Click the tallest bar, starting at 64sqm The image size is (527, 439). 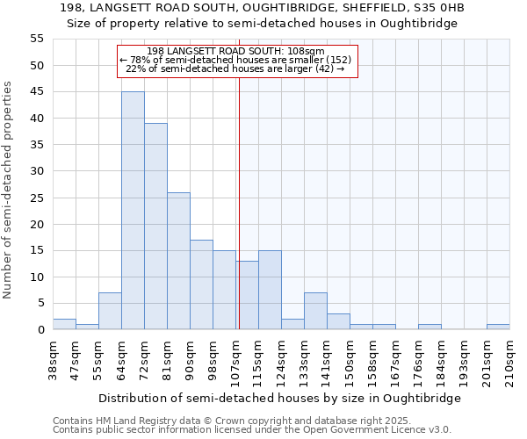(133, 211)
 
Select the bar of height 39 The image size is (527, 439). (155, 227)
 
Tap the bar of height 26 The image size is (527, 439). (178, 261)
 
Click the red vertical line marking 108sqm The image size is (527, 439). (238, 202)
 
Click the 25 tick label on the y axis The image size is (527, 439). (36, 198)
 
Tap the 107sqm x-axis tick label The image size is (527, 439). (235, 360)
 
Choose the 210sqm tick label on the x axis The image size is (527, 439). (509, 360)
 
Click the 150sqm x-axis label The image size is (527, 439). (350, 360)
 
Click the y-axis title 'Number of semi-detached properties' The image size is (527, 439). (9, 190)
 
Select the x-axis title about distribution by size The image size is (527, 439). (279, 398)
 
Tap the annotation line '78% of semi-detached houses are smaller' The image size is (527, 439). (235, 60)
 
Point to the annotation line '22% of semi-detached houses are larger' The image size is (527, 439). (235, 68)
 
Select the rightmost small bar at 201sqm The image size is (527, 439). (498, 327)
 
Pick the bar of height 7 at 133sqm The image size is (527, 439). (315, 312)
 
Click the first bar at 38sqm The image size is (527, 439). (64, 325)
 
